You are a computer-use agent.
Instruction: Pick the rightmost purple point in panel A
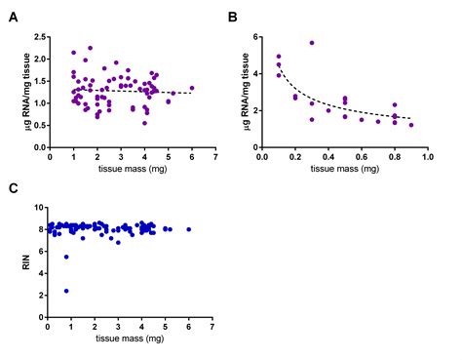(192, 88)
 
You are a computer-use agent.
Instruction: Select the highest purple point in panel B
(312, 43)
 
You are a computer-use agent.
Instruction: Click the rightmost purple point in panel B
(411, 125)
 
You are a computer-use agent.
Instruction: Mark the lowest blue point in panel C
(66, 290)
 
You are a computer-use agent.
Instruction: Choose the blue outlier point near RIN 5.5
(66, 257)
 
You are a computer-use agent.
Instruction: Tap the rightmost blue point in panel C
(189, 229)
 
